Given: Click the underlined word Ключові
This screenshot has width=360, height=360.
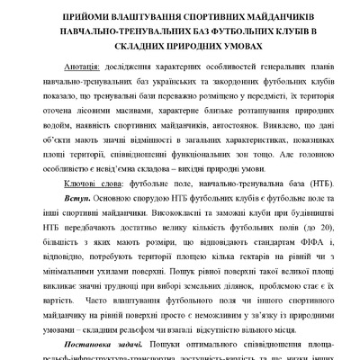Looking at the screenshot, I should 85,182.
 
